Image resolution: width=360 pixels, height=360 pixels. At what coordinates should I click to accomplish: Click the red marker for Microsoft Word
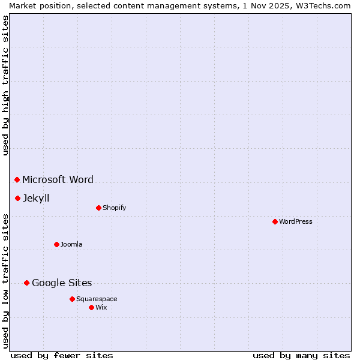(17, 179)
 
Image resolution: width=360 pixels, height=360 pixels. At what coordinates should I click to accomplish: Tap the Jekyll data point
(17, 198)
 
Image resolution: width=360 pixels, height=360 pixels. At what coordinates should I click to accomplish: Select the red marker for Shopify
(98, 208)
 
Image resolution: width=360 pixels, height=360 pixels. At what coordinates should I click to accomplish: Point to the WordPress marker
(275, 221)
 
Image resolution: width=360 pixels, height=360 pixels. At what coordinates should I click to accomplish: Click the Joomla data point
(56, 244)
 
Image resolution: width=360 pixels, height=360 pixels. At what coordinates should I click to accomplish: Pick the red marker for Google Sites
(26, 283)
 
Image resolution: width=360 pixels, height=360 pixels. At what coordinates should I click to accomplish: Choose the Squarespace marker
(72, 299)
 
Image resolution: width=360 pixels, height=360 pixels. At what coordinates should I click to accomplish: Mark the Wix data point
(91, 307)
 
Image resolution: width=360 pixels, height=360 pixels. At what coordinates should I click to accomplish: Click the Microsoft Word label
(58, 179)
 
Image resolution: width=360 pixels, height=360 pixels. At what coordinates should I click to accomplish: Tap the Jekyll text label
(36, 198)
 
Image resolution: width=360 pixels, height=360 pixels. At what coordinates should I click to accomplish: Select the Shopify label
(114, 208)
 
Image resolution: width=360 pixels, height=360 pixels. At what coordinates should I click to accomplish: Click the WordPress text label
(295, 221)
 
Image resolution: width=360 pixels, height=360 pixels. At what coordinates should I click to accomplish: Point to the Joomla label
(71, 244)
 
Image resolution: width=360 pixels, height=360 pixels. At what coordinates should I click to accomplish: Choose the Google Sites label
(62, 283)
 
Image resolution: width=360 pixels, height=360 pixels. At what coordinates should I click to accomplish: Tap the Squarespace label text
(97, 299)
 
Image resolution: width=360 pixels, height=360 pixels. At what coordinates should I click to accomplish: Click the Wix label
(101, 307)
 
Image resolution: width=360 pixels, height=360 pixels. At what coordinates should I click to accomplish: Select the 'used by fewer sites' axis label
(62, 355)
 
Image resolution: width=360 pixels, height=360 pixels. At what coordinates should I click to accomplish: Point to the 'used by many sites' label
(301, 355)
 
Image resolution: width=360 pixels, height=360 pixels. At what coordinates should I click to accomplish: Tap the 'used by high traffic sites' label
(5, 85)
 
